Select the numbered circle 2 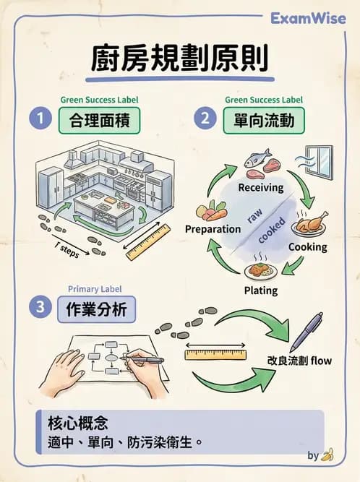[x=205, y=119]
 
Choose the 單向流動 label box [x=264, y=119]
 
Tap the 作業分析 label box [x=96, y=309]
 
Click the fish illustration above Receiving [x=257, y=157]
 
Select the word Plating [x=260, y=291]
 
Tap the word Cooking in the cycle [x=307, y=247]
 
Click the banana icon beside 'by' [x=327, y=455]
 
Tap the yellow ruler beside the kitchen [x=147, y=242]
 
